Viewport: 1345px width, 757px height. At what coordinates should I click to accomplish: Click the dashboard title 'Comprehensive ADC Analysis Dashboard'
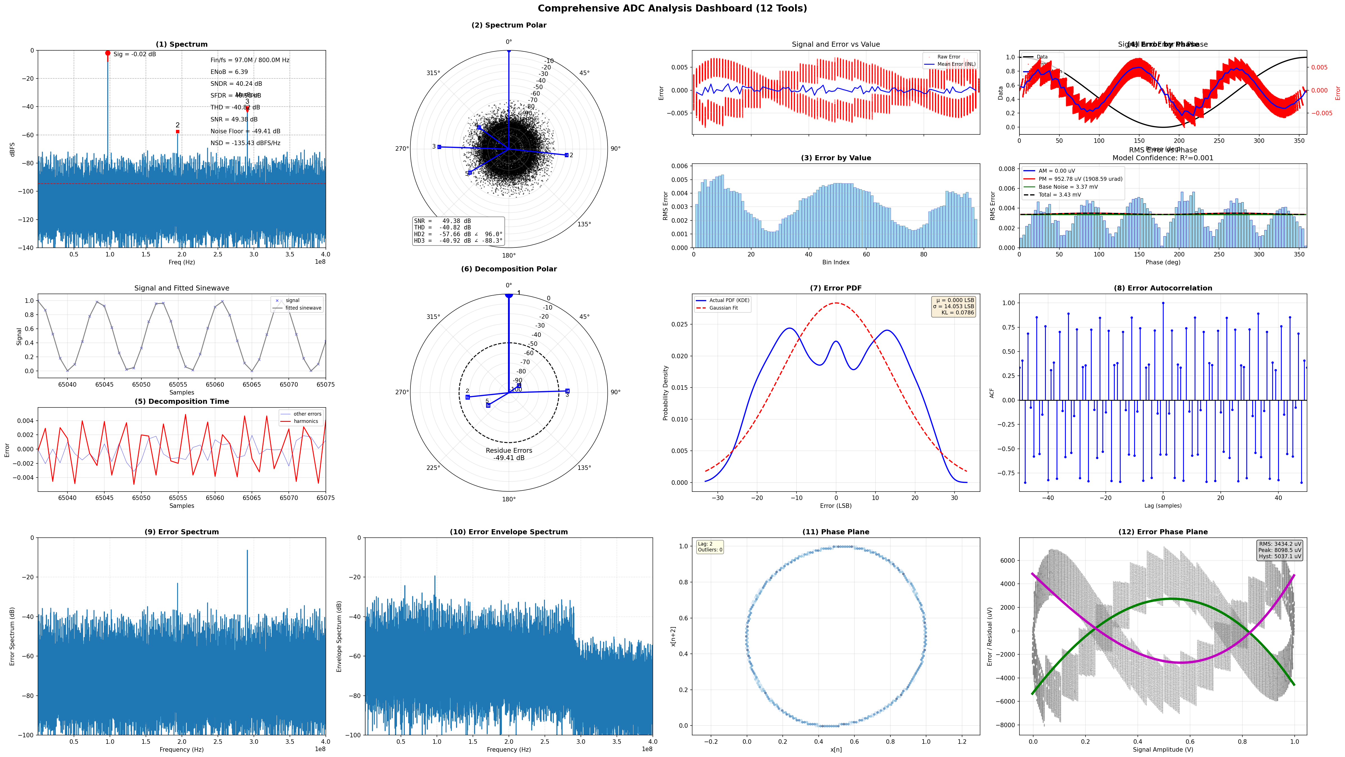click(672, 8)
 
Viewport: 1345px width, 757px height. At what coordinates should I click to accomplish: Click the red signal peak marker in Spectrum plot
click(108, 53)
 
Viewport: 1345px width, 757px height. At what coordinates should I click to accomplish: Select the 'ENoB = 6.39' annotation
click(229, 72)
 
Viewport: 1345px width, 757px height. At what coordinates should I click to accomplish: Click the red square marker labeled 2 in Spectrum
click(177, 132)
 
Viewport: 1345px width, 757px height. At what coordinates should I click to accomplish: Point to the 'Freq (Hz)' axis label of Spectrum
click(182, 262)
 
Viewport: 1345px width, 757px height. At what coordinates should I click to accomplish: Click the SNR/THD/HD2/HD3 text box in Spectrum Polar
click(458, 231)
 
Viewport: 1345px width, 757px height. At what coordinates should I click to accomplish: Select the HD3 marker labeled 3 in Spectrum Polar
click(439, 147)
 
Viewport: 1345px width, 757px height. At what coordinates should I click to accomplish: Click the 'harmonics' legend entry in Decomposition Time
click(305, 421)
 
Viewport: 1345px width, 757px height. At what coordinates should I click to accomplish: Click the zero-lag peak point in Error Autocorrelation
click(1163, 303)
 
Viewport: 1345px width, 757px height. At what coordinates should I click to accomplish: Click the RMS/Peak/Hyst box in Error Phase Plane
click(1280, 550)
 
